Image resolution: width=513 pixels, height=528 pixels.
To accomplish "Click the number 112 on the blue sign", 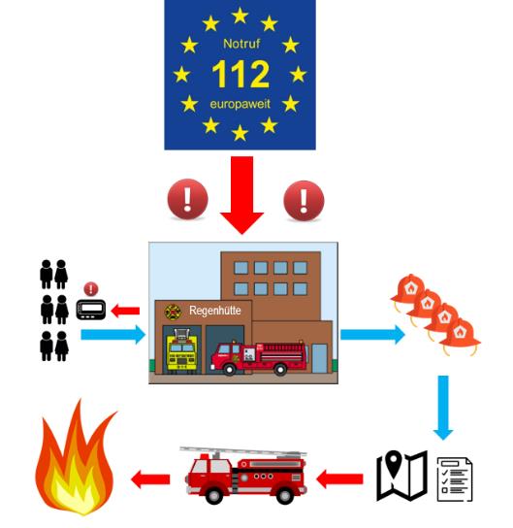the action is (x=240, y=74).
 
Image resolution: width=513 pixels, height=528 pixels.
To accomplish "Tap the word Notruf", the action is (x=241, y=44).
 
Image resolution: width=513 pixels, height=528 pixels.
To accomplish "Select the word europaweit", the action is (x=240, y=104).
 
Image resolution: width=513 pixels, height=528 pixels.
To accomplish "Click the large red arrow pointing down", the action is (x=241, y=195).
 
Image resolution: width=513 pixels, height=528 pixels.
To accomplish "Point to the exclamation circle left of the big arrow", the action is (x=188, y=199).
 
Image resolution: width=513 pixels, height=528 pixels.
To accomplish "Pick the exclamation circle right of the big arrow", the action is (x=304, y=201).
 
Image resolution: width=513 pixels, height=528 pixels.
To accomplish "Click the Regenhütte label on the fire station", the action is (x=215, y=311).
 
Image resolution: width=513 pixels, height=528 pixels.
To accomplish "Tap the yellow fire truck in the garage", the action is (x=181, y=350).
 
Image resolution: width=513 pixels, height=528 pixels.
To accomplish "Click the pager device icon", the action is (x=91, y=310).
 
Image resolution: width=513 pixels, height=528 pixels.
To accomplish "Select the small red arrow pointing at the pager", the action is (x=125, y=311).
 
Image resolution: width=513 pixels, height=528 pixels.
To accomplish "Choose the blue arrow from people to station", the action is (x=113, y=335).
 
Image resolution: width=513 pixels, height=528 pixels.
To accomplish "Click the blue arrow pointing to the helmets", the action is (x=372, y=335).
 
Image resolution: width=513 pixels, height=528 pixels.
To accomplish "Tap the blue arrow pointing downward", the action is (x=443, y=408).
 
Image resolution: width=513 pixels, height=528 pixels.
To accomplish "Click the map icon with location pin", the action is (x=401, y=476).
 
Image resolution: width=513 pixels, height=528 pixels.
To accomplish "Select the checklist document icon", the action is (x=455, y=478).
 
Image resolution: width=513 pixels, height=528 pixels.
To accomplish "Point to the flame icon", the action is (x=76, y=461).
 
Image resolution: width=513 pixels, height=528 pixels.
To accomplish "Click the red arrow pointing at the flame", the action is (x=150, y=479).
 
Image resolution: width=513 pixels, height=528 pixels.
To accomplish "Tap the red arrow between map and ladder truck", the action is (x=339, y=478).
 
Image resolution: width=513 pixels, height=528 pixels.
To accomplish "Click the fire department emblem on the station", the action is (x=173, y=312).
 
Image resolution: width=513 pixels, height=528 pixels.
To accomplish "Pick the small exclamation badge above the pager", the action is (x=91, y=289).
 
